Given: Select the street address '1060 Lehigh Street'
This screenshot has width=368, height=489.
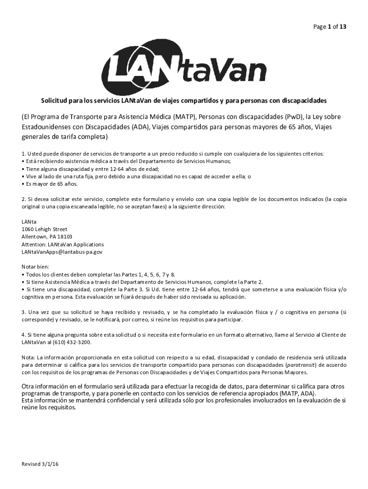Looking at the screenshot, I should (44, 229).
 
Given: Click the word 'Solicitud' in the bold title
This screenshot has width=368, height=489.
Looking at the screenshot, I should (53, 101).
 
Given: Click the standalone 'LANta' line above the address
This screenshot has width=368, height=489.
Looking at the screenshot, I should (29, 222).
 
